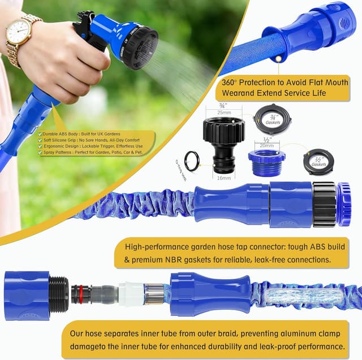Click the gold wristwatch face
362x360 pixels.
[x=19, y=31]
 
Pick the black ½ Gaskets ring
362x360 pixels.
[x=318, y=162]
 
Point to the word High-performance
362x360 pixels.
[x=152, y=246]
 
